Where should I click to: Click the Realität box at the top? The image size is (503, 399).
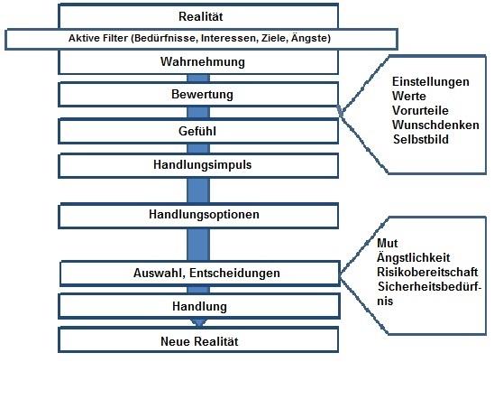[x=198, y=16]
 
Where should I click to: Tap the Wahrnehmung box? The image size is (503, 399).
[x=198, y=62]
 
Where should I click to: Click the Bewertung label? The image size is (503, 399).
[x=202, y=94]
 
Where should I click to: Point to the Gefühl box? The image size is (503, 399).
[x=198, y=131]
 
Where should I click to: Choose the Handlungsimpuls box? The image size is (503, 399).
[x=198, y=165]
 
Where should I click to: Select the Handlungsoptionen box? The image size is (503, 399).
[x=198, y=215]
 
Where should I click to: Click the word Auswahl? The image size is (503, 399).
[x=160, y=273]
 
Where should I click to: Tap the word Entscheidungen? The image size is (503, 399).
[x=234, y=273]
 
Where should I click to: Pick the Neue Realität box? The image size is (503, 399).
[x=198, y=339]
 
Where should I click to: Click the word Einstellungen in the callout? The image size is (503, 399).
[x=431, y=81]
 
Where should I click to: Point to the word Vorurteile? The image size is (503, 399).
[x=420, y=110]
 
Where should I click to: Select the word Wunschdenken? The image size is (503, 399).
[x=435, y=125]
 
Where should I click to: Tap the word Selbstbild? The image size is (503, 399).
[x=421, y=139]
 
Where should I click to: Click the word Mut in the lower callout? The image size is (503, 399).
[x=388, y=243]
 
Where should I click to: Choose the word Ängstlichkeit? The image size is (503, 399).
[x=413, y=257]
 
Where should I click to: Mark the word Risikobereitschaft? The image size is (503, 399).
[x=427, y=272]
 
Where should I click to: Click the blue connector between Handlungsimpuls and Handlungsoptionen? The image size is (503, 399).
[x=198, y=190]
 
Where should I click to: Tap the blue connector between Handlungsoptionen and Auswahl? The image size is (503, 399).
[x=198, y=245]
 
